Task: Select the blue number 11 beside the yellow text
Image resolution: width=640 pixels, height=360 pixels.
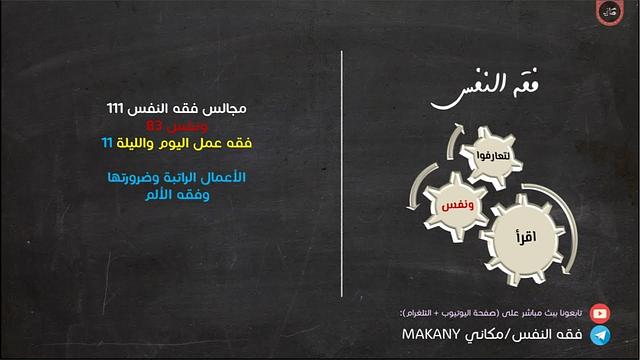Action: pyautogui.click(x=107, y=144)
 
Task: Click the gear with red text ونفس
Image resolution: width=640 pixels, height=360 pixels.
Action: pyautogui.click(x=455, y=205)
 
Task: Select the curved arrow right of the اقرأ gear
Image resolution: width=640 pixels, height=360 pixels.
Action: pyautogui.click(x=564, y=225)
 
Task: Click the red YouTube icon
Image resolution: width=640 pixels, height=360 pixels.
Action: pyautogui.click(x=600, y=311)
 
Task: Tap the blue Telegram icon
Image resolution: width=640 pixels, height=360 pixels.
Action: pyautogui.click(x=600, y=335)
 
